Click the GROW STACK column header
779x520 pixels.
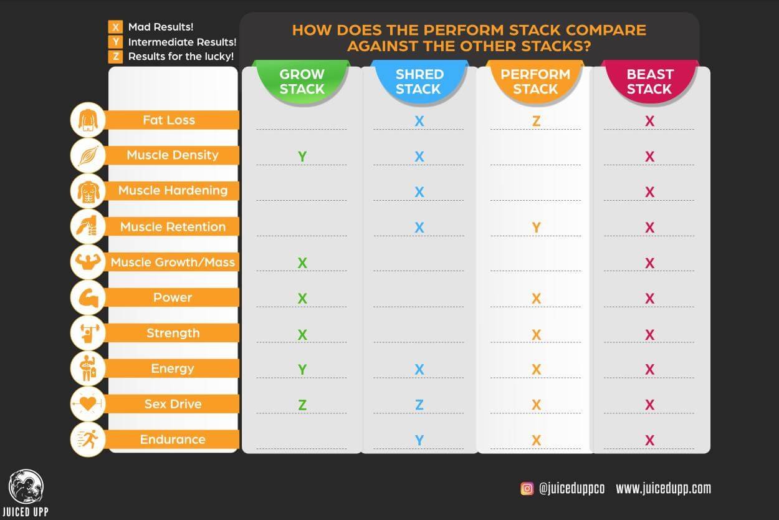click(x=302, y=82)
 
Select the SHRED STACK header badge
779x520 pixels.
click(x=419, y=82)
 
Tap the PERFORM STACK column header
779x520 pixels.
click(x=535, y=82)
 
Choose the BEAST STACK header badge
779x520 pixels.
click(x=649, y=82)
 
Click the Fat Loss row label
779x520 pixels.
click(x=169, y=120)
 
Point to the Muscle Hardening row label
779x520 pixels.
click(x=173, y=191)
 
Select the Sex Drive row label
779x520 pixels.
click(x=173, y=404)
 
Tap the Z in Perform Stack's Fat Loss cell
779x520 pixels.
click(x=536, y=121)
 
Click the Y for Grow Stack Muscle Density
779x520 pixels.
click(x=302, y=156)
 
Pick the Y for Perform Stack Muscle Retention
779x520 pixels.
click(x=536, y=228)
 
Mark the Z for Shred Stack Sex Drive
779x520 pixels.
click(x=419, y=405)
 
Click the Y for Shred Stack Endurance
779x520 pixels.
click(x=419, y=441)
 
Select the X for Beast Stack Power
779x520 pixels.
click(x=649, y=299)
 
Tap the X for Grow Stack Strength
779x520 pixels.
click(x=302, y=335)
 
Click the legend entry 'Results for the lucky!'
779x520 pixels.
click(x=181, y=57)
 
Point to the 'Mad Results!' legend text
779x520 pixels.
click(x=161, y=27)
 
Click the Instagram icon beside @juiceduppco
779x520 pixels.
click(x=527, y=489)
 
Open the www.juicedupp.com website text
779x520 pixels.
click(x=663, y=489)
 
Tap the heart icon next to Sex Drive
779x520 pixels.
click(x=88, y=404)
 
